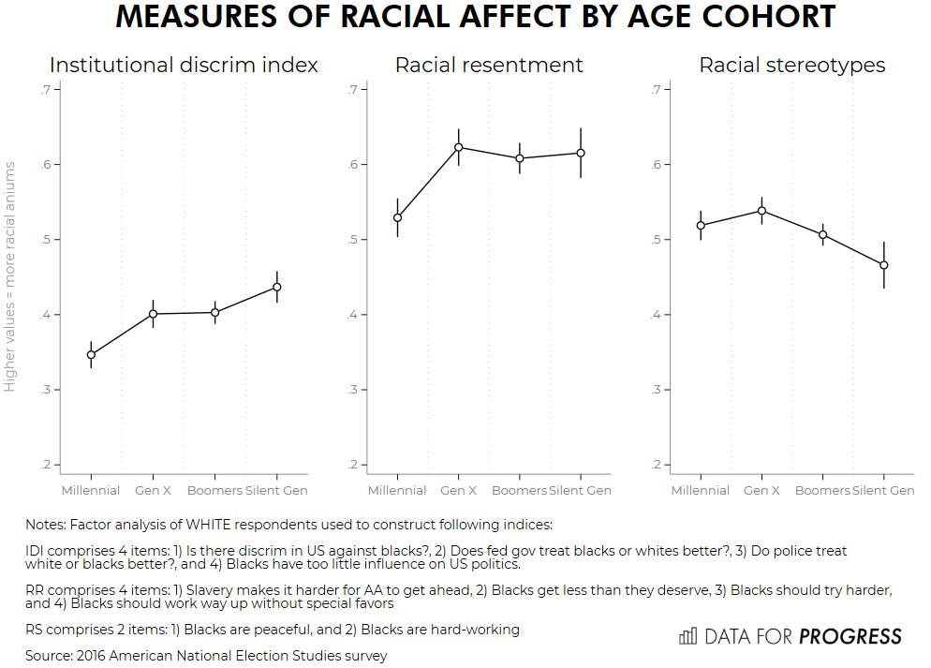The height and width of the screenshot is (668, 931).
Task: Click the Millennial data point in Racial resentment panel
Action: (397, 217)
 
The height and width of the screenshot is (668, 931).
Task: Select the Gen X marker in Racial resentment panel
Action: (459, 147)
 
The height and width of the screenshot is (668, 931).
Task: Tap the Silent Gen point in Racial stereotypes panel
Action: (883, 265)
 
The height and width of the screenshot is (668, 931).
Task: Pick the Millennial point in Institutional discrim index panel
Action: (91, 354)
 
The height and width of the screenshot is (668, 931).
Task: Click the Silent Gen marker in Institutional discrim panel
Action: (277, 287)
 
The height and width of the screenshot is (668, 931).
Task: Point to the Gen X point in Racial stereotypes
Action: (761, 211)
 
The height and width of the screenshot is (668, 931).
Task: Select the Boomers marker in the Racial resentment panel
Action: (520, 158)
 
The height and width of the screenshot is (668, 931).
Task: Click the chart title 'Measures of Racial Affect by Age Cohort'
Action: (476, 18)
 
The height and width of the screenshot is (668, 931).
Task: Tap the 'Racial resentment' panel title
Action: (489, 65)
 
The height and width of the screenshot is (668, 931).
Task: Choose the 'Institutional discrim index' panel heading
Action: (184, 65)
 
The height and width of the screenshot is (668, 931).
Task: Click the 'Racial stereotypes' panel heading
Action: (792, 65)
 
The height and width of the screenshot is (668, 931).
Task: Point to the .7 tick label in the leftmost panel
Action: (44, 89)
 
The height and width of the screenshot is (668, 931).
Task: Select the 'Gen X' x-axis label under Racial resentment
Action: (459, 491)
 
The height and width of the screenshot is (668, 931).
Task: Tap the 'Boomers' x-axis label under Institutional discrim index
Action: (215, 491)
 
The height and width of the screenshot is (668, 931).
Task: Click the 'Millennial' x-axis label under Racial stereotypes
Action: (701, 491)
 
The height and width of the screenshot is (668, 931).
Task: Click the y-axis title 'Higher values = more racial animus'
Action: (10, 276)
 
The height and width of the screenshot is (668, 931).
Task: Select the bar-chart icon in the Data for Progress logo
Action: (687, 636)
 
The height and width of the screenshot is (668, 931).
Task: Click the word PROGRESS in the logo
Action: (850, 636)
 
